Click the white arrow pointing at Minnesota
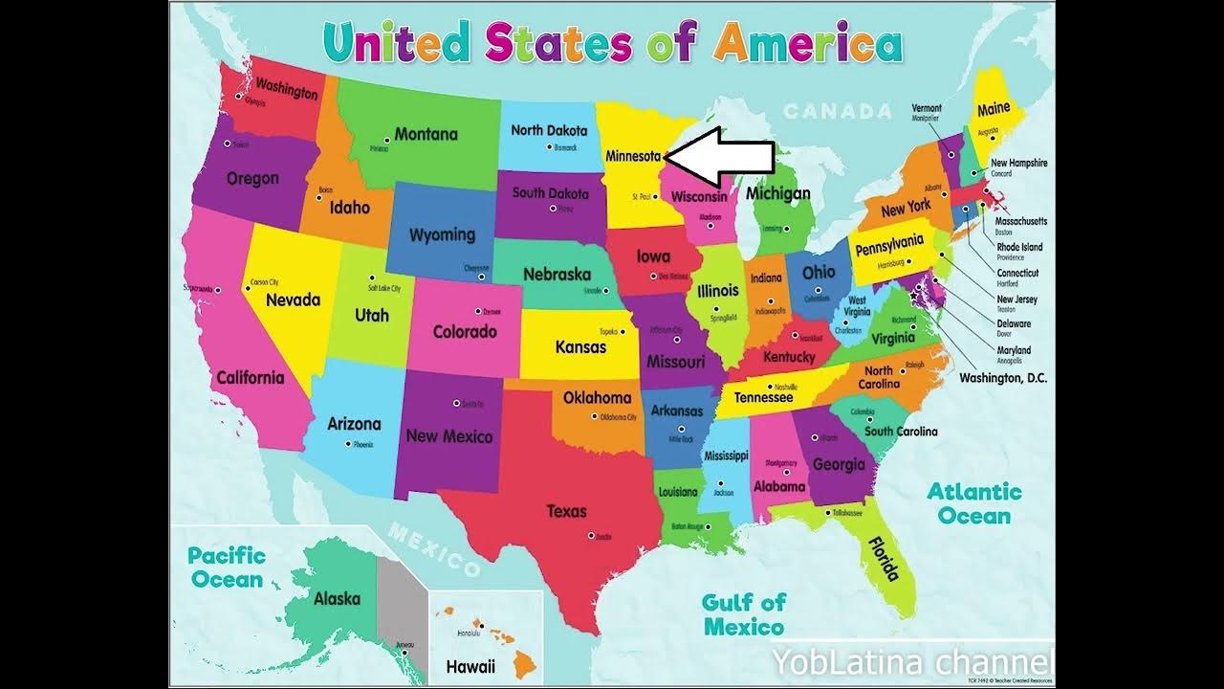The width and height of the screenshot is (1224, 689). (x=719, y=157)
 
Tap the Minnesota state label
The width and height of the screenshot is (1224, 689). (x=634, y=156)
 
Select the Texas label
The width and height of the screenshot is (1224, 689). (x=566, y=511)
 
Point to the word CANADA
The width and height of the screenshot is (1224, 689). (x=837, y=112)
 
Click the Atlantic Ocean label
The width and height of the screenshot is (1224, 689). (x=973, y=504)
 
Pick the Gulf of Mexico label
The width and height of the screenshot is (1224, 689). (x=743, y=614)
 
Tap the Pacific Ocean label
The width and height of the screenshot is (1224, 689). (x=226, y=567)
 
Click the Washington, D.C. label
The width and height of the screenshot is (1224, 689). (x=1003, y=378)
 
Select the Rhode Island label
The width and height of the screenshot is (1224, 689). (x=1019, y=247)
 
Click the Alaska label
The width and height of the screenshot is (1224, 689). (x=337, y=599)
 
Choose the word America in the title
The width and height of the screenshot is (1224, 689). (x=807, y=43)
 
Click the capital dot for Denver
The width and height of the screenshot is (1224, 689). (x=477, y=310)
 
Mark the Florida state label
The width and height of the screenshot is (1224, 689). (x=884, y=558)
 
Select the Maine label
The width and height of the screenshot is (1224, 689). (x=994, y=109)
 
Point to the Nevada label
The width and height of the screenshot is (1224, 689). (x=293, y=300)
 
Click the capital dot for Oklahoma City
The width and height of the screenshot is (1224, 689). (x=595, y=416)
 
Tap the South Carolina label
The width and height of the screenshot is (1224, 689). (x=901, y=432)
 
